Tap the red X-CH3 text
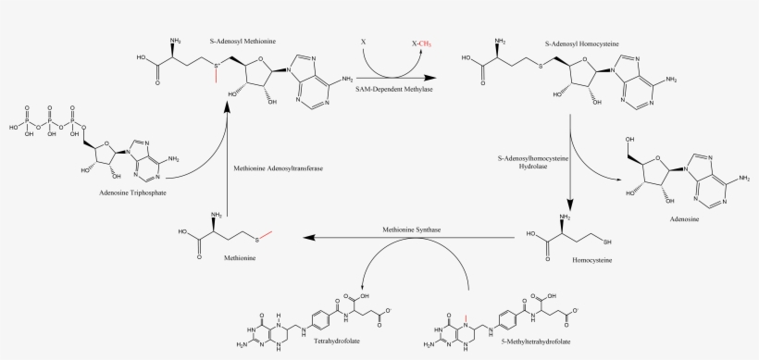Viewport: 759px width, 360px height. [x=421, y=43]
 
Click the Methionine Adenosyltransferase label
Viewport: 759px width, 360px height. [x=278, y=169]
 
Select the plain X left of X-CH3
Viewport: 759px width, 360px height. [x=363, y=43]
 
